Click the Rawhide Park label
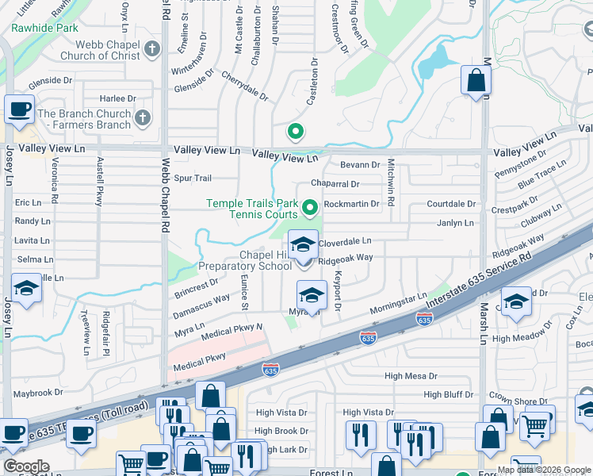pyautogui.click(x=44, y=28)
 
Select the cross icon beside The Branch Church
pyautogui.click(x=143, y=119)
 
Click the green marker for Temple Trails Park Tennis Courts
pyautogui.click(x=310, y=209)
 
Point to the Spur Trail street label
pyautogui.click(x=193, y=178)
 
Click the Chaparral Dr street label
pyautogui.click(x=335, y=184)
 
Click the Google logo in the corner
pyautogui.click(x=27, y=466)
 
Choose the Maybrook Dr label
pyautogui.click(x=37, y=393)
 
